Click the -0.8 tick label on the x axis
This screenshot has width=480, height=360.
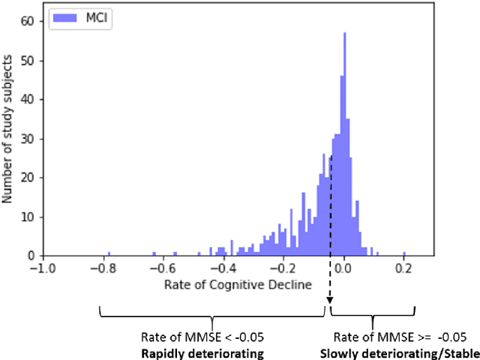[x=100, y=268]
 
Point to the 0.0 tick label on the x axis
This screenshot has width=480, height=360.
[x=343, y=268]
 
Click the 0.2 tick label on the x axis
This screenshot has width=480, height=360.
[x=404, y=268]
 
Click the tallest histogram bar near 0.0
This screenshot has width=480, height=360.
[x=344, y=142]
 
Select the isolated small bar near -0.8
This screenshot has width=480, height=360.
[x=109, y=253]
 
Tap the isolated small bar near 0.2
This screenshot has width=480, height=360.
[x=404, y=253]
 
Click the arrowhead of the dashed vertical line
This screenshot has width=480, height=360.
[x=328, y=302]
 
